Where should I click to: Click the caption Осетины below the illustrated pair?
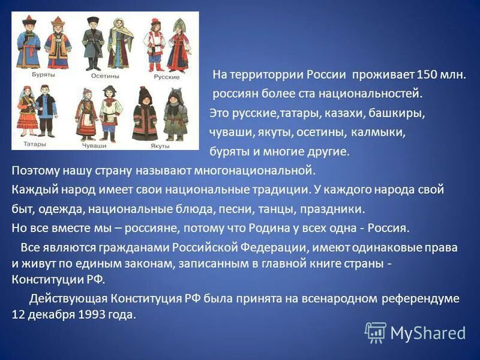click(105, 77)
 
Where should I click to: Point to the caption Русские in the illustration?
click(167, 77)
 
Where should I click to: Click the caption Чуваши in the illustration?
click(94, 145)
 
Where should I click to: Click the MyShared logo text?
click(428, 333)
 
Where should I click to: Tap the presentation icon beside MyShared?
click(376, 332)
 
